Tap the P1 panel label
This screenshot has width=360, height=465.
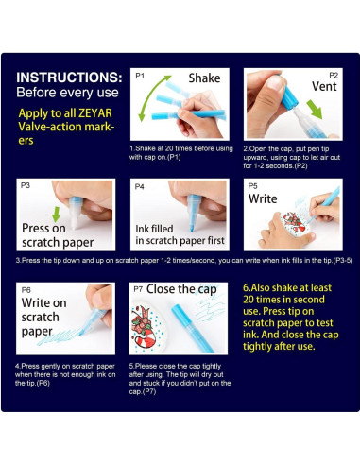pyautogui.click(x=140, y=74)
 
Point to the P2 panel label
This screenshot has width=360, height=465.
pyautogui.click(x=333, y=74)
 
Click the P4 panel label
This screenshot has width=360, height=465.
pyautogui.click(x=140, y=187)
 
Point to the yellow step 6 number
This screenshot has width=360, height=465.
pyautogui.click(x=248, y=288)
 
